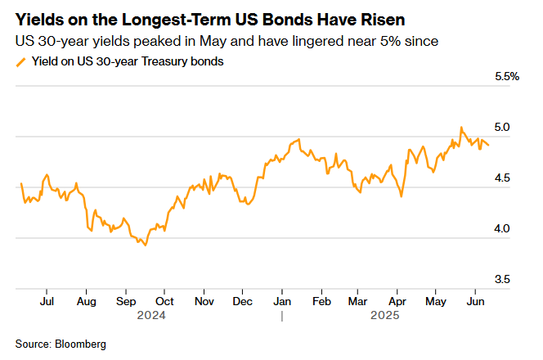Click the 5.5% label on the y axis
click(x=507, y=76)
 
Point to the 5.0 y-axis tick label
click(x=502, y=128)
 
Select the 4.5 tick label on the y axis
click(x=502, y=178)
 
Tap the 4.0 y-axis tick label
click(x=502, y=229)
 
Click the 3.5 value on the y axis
click(x=502, y=280)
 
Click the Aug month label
click(x=86, y=301)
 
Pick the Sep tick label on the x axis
click(x=125, y=301)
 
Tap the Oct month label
click(x=164, y=301)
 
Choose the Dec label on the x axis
click(x=242, y=301)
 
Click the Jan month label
click(x=281, y=301)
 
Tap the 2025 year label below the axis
click(x=385, y=314)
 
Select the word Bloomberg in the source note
click(x=82, y=344)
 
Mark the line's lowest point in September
click(x=146, y=245)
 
